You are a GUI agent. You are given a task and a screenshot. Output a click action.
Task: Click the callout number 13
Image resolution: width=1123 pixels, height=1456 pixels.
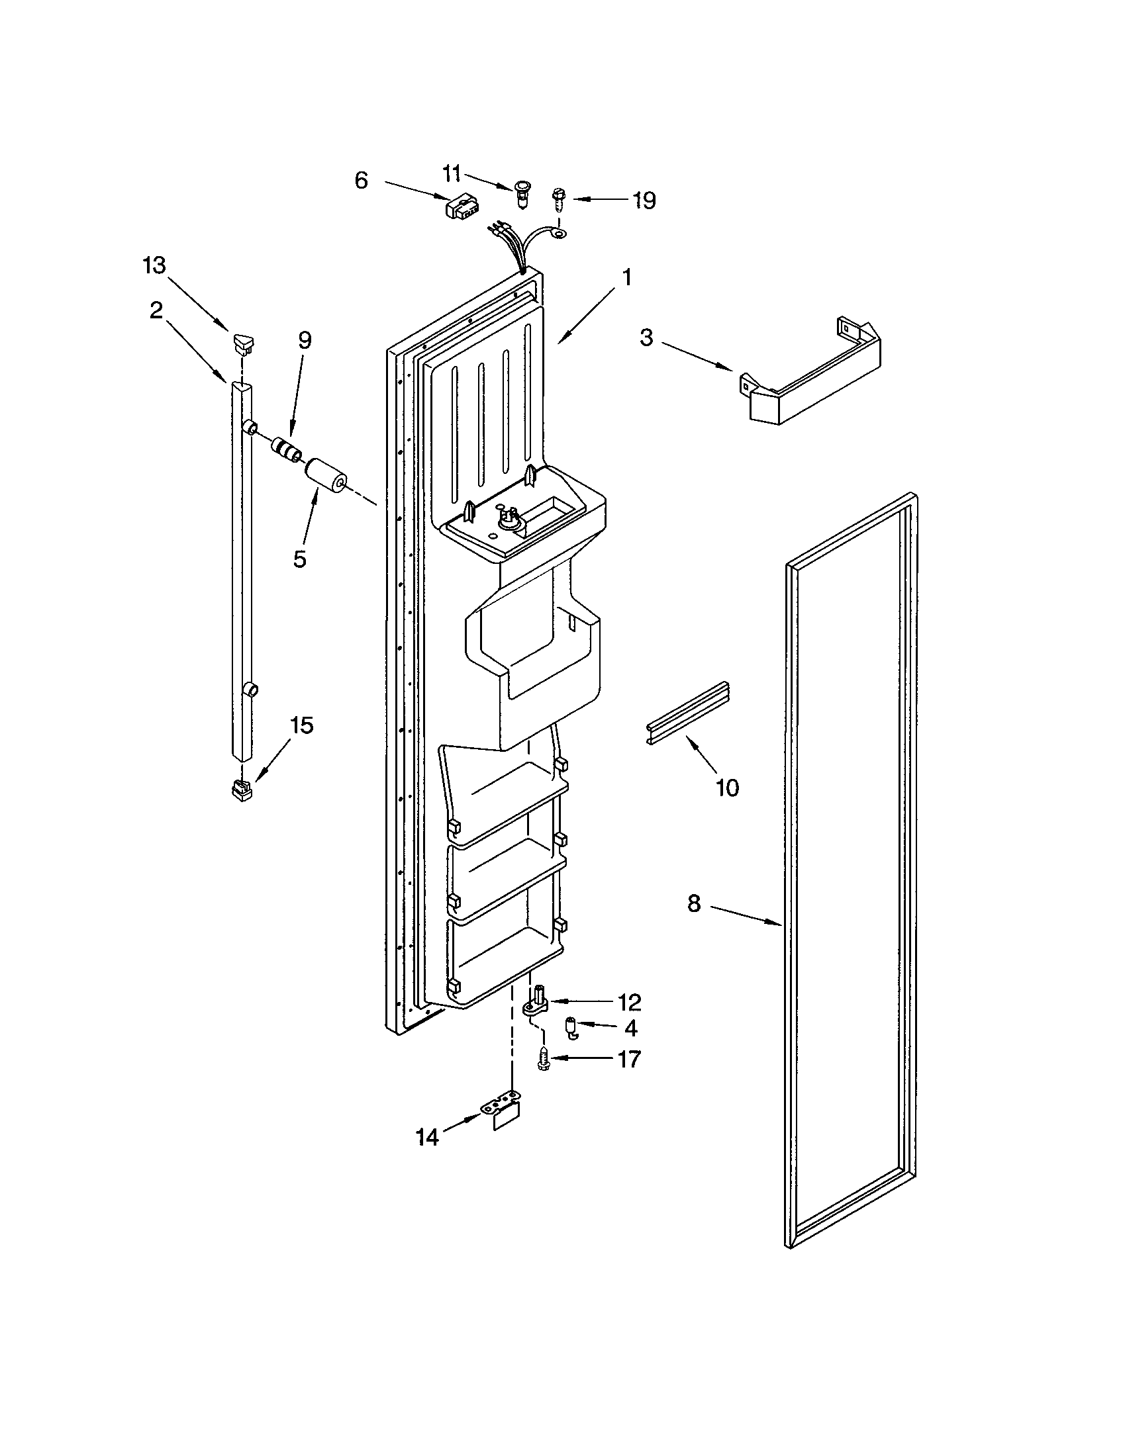pyautogui.click(x=154, y=265)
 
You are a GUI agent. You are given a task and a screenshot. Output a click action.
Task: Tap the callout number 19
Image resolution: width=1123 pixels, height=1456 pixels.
pyautogui.click(x=644, y=200)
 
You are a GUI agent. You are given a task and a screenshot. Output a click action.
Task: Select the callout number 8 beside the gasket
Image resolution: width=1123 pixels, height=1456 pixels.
pyautogui.click(x=694, y=903)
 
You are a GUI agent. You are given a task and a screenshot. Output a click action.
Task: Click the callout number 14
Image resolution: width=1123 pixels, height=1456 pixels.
pyautogui.click(x=428, y=1137)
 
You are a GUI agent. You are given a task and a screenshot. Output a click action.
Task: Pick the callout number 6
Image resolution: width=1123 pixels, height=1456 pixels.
pyautogui.click(x=361, y=180)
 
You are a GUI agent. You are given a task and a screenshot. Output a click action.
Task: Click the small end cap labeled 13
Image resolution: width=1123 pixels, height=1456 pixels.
pyautogui.click(x=244, y=343)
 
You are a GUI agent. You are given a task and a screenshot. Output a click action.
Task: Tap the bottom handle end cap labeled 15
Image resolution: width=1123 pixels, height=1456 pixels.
pyautogui.click(x=242, y=791)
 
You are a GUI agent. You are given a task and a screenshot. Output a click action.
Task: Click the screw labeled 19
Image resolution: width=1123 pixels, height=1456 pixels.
pyautogui.click(x=558, y=199)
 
